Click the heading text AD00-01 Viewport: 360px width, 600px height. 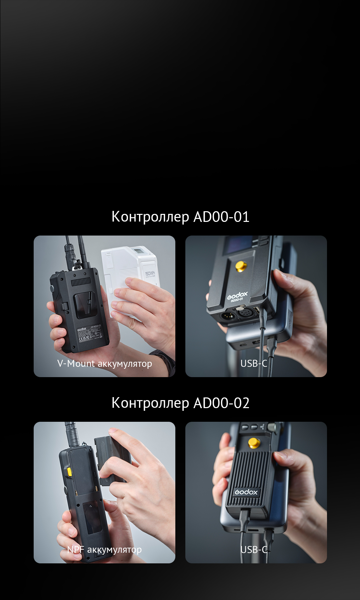[x=221, y=217]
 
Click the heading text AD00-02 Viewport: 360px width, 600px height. [x=221, y=403]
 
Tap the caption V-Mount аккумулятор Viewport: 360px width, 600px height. [x=104, y=363]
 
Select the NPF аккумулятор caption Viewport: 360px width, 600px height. [x=104, y=549]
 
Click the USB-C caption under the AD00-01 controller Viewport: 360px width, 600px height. [x=254, y=363]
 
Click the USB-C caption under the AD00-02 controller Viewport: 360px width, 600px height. [x=254, y=549]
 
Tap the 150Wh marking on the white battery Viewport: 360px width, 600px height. [x=150, y=274]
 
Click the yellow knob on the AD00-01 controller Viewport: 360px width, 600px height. [x=241, y=266]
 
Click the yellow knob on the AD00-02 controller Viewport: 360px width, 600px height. [x=254, y=443]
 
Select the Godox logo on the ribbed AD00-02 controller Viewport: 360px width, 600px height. [x=246, y=492]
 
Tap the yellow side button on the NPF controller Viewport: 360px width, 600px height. [x=69, y=472]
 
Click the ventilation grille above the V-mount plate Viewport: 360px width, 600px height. [x=81, y=282]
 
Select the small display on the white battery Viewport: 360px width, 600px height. [x=137, y=251]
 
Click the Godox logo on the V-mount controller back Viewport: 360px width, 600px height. [x=82, y=329]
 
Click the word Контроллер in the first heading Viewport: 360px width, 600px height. [x=150, y=217]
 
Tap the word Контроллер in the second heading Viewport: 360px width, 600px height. [x=150, y=403]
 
